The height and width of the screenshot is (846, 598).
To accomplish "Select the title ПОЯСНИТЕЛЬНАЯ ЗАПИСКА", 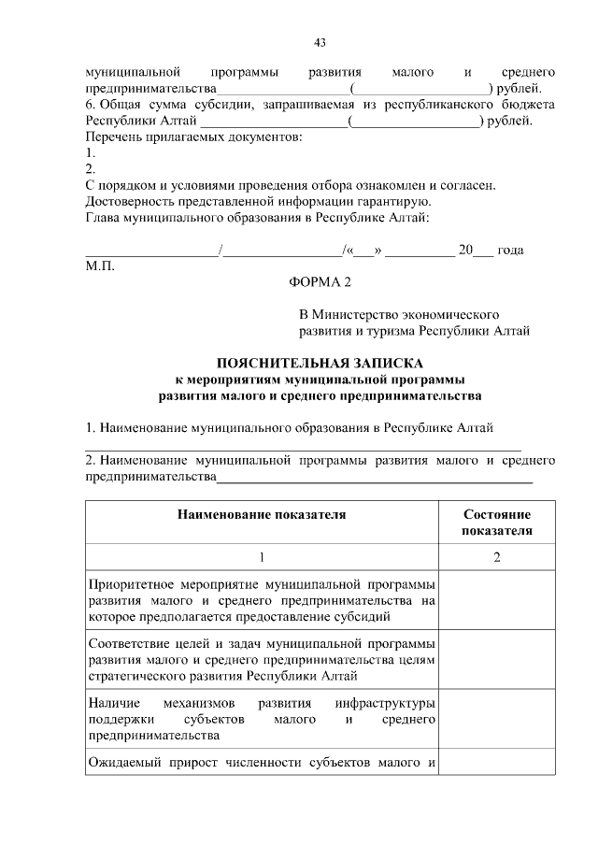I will click(x=320, y=362).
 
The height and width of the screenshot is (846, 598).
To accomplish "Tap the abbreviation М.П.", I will click(x=99, y=266).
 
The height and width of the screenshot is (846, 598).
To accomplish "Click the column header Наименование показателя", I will click(x=263, y=514).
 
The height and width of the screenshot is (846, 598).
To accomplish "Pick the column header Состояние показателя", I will click(x=497, y=523).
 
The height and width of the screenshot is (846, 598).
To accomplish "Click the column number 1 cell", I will click(x=263, y=557).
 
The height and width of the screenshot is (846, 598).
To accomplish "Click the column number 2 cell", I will click(x=497, y=557).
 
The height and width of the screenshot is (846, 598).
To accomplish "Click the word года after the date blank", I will click(x=511, y=250).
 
